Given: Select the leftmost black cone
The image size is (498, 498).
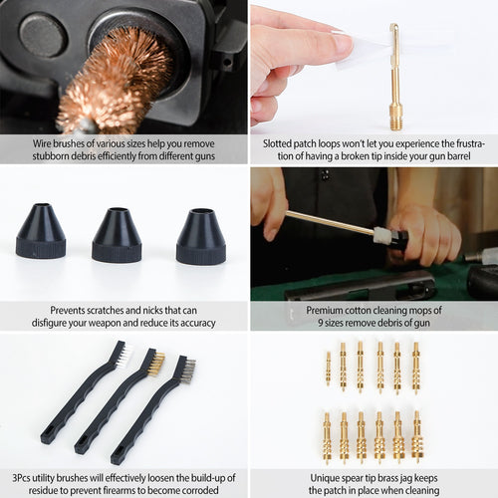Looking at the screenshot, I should click(41, 233).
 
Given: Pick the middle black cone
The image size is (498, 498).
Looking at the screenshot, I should click(117, 235).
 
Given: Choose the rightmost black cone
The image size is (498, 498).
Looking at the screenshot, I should click(200, 237).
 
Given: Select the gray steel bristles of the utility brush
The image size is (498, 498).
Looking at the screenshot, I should click(186, 371).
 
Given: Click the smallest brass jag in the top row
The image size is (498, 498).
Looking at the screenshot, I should click(328, 368).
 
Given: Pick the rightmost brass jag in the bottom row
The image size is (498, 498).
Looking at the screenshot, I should click(416, 437).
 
